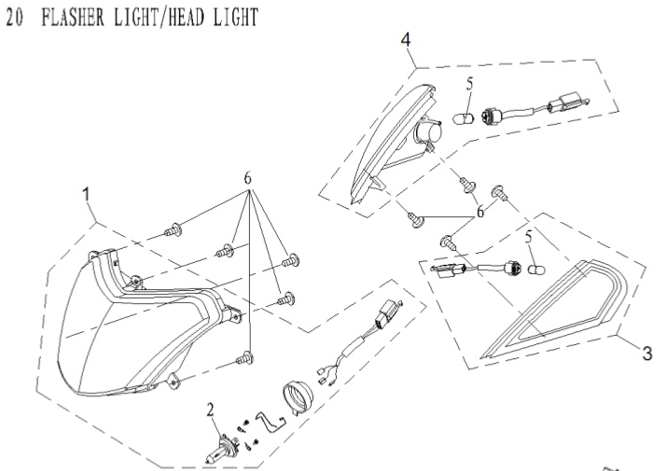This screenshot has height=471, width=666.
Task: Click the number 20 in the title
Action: click(12, 20)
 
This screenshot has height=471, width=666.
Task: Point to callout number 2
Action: click(212, 408)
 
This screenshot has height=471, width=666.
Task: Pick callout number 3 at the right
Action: click(644, 354)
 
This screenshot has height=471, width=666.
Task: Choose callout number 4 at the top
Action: click(407, 41)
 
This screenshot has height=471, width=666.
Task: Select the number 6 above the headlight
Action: click(247, 178)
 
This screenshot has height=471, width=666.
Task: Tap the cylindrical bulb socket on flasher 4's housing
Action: click(434, 135)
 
